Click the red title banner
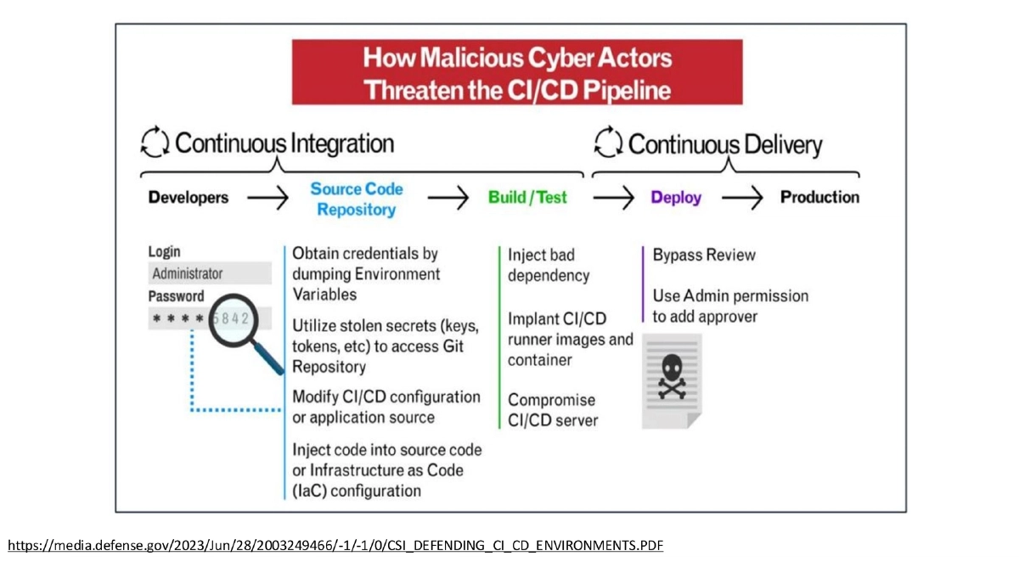517,72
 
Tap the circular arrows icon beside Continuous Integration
155,143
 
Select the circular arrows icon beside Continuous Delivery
608,143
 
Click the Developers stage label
189,198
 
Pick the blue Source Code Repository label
357,199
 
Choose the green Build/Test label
527,198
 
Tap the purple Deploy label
676,198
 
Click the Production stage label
819,198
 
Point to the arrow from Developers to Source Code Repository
267,199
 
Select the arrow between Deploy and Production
743,199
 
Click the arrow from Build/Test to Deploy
613,199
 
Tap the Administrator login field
210,273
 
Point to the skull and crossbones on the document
671,376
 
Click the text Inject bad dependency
548,266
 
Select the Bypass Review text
704,255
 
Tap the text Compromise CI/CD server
552,410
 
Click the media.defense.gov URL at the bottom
335,545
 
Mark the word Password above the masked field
177,296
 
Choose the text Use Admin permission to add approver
730,306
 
